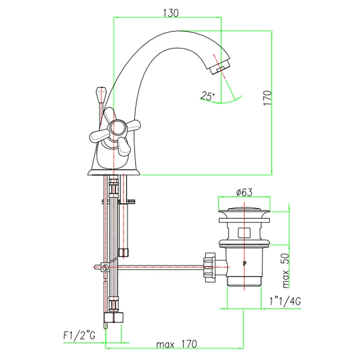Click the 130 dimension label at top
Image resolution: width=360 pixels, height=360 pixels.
pos(171,13)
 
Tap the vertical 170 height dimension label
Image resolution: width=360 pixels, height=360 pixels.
pos(267,98)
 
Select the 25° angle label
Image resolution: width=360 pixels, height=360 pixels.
pos(207,96)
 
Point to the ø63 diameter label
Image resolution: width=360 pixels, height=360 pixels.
pos(244,192)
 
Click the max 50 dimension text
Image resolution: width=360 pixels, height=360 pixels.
pos(285,270)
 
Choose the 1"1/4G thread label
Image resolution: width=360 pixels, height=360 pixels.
pos(285,301)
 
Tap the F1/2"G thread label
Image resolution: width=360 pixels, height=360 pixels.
pos(79,336)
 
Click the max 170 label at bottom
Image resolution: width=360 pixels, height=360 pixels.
pos(176,344)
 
